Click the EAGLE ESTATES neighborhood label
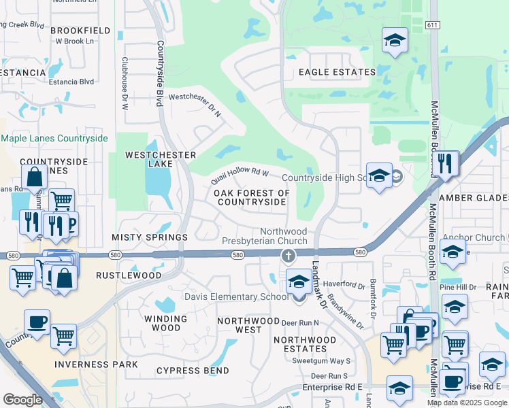point(337,72)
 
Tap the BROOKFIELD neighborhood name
point(80,31)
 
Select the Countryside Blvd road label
point(161,73)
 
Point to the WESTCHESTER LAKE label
point(161,160)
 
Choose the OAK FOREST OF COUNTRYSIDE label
point(251,198)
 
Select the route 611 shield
point(433,24)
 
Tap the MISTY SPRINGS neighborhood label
point(150,237)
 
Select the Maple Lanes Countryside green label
point(54,139)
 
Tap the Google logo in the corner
point(22,400)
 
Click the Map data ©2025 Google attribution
point(467,403)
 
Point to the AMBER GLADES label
point(474,198)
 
